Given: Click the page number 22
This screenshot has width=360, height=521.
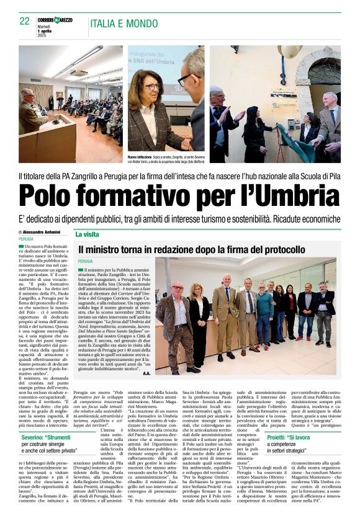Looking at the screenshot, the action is pyautogui.click(x=24, y=21).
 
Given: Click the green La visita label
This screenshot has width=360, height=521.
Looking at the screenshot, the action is pyautogui.click(x=88, y=234).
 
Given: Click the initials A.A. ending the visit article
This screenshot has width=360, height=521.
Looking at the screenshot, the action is pyautogui.click(x=146, y=373).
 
